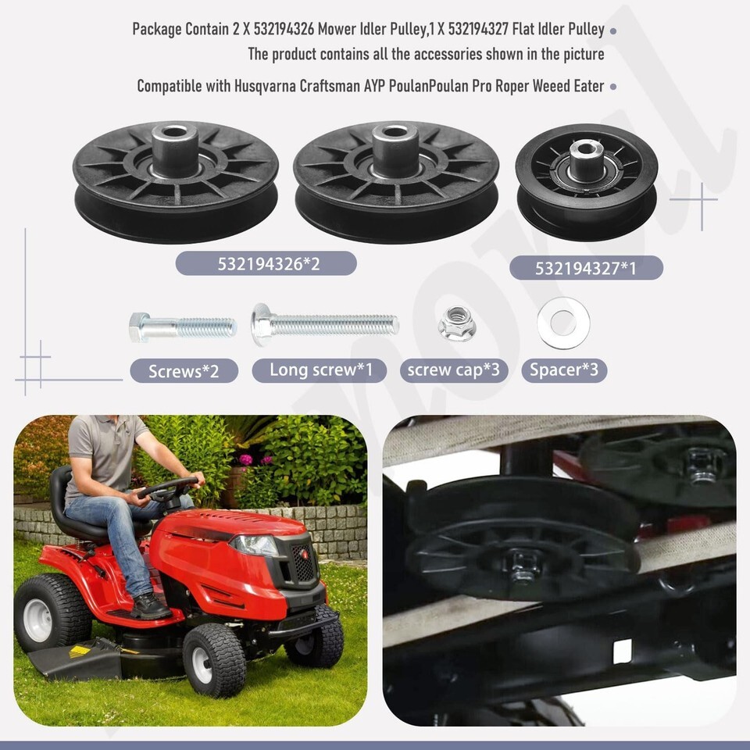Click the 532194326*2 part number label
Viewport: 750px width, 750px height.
tap(266, 263)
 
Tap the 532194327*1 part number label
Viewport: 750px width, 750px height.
tap(586, 268)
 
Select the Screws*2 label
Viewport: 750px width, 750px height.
tap(184, 370)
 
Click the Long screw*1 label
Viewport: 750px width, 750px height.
tap(320, 370)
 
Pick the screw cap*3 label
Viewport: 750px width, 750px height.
tap(454, 370)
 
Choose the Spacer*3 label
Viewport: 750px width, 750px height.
tap(564, 370)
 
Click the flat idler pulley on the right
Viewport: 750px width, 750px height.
tap(587, 182)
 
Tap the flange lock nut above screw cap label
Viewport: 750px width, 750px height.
tap(457, 323)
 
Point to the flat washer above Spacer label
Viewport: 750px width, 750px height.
tap(563, 323)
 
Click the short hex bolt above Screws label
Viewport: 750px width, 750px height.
tap(183, 327)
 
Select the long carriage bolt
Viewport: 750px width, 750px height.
tap(325, 325)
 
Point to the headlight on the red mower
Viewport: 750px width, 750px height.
tap(254, 545)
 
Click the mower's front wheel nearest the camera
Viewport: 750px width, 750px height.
tap(214, 661)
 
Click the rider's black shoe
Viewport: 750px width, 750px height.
tap(150, 606)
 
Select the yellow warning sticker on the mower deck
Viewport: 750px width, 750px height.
tap(80, 652)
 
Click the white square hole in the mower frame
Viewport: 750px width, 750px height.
tap(623, 652)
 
